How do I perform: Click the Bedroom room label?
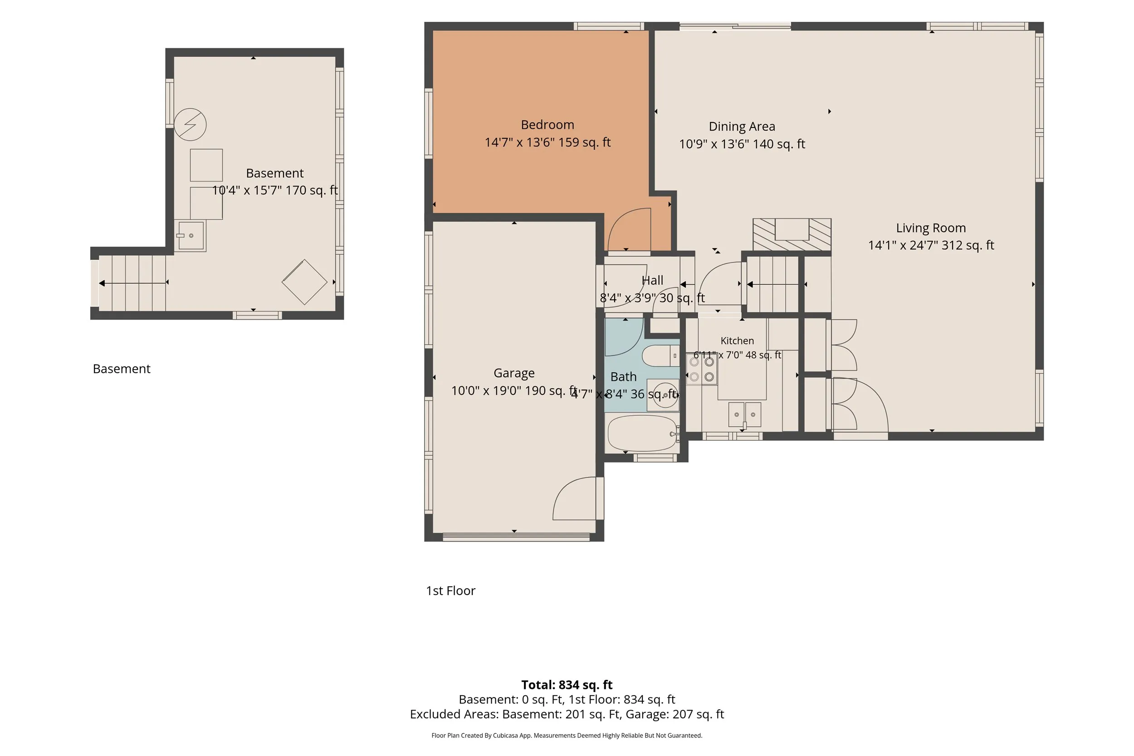[547, 125]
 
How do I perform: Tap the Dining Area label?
[742, 127]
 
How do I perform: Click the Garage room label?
[514, 373]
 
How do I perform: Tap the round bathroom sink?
[665, 395]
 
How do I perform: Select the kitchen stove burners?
[702, 369]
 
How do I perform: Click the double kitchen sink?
[744, 415]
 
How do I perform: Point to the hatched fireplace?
[792, 235]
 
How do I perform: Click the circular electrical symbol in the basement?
[190, 124]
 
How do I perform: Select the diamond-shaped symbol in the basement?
[304, 282]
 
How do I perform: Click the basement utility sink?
[191, 236]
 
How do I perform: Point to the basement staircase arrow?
[133, 283]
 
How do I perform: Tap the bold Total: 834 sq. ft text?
[567, 685]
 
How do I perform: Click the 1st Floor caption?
[450, 590]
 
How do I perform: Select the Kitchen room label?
[737, 341]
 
